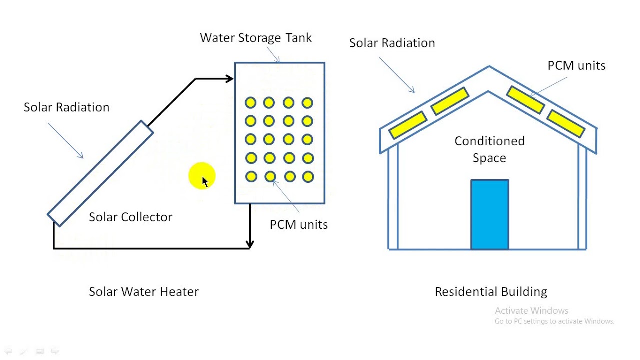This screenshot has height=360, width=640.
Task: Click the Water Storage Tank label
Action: point(255,38)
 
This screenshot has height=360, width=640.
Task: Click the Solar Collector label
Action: point(130,217)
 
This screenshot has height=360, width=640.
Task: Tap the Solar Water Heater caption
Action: point(144,292)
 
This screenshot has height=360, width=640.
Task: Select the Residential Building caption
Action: point(491,292)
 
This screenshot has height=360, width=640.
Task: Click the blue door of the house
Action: point(490,214)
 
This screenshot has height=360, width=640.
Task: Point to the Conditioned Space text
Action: point(489,149)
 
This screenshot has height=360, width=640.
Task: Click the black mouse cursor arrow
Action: point(205,182)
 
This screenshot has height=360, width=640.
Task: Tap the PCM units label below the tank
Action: point(299,225)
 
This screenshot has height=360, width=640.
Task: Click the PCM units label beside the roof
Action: point(576,66)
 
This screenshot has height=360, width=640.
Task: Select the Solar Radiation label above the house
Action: point(392,43)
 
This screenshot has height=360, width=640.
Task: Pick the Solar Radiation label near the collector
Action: point(66,107)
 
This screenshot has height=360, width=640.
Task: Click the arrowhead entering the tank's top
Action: point(230,78)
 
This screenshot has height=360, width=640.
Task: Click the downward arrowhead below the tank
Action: point(250,244)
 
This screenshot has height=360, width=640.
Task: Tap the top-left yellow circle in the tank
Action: point(251,103)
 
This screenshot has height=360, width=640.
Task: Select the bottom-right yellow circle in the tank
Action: point(308,177)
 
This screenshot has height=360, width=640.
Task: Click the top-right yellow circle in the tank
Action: point(308,103)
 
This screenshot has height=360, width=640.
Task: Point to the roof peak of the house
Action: point(489,67)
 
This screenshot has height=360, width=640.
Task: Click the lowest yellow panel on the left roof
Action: point(407,125)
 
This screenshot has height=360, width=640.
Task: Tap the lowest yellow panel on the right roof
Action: point(566,124)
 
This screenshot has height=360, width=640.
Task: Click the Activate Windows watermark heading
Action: point(531,311)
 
